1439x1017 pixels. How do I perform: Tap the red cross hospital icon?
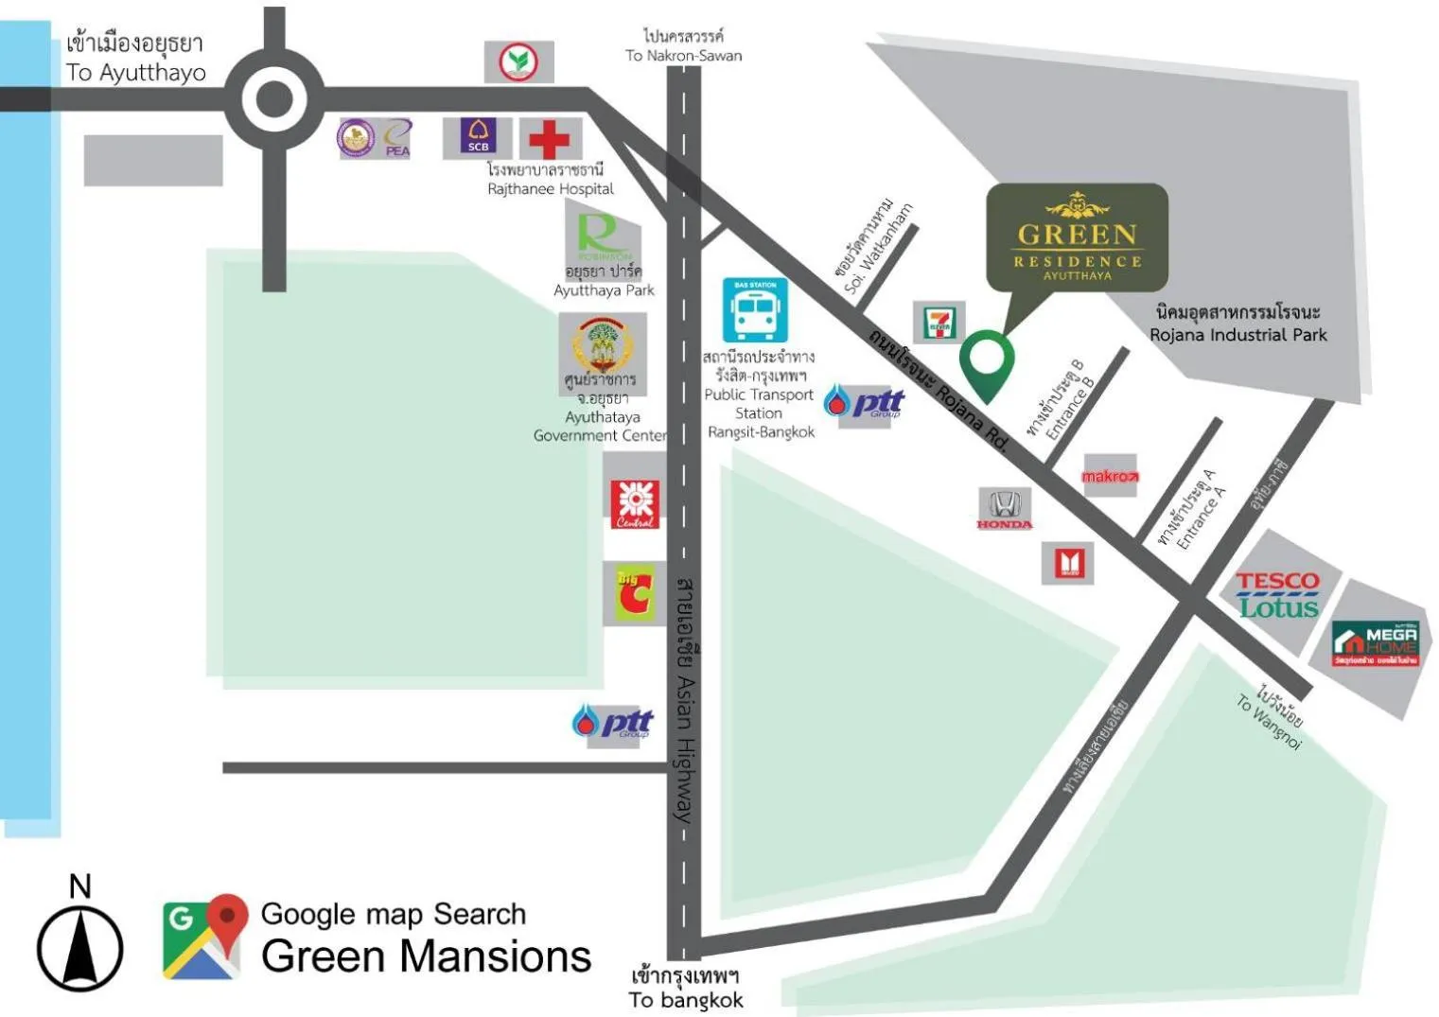[549, 139]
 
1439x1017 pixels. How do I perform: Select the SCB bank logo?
[478, 137]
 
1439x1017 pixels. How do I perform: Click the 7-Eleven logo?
[939, 322]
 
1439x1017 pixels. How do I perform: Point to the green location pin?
[987, 363]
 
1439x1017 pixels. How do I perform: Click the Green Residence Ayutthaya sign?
[1077, 237]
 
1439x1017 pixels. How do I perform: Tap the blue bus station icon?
[755, 310]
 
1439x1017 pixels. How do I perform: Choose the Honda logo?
[1004, 509]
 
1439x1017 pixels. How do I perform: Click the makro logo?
[1110, 476]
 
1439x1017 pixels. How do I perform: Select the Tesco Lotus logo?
[1276, 595]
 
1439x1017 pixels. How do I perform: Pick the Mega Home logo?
[1375, 644]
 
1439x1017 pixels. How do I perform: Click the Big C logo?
[633, 593]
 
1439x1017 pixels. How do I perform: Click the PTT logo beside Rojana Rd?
[864, 403]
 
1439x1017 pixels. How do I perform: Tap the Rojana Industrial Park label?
[1237, 324]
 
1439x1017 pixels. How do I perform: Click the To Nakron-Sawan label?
[683, 46]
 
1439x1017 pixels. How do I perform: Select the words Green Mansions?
[426, 956]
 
